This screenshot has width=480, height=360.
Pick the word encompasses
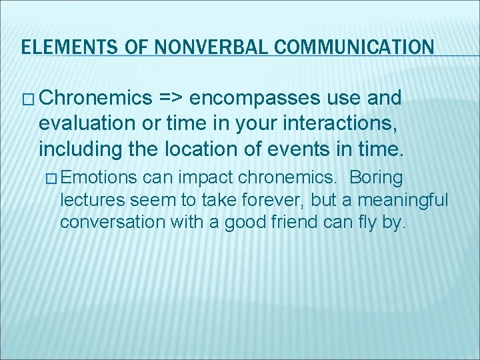pyautogui.click(x=255, y=99)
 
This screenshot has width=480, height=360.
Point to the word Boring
pyautogui.click(x=376, y=179)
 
